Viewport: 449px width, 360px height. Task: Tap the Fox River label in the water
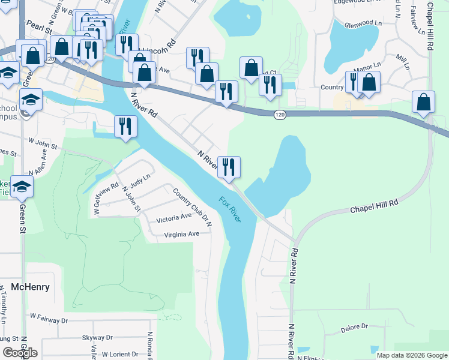(x=229, y=210)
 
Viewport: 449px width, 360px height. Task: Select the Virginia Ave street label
(x=181, y=234)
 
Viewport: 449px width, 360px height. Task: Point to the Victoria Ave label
(x=173, y=218)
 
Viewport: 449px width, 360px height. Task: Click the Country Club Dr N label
(x=193, y=208)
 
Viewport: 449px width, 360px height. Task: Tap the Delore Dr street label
(x=354, y=327)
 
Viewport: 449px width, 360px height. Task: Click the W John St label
(x=43, y=144)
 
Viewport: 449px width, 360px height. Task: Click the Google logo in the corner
(x=19, y=353)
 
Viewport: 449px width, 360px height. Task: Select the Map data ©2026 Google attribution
(x=411, y=355)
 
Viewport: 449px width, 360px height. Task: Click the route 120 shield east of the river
(x=280, y=114)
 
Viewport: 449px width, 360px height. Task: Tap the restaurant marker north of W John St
(x=125, y=127)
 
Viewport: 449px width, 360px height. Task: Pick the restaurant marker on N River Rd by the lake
(x=229, y=167)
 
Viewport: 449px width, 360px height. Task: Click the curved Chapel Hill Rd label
(x=374, y=207)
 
